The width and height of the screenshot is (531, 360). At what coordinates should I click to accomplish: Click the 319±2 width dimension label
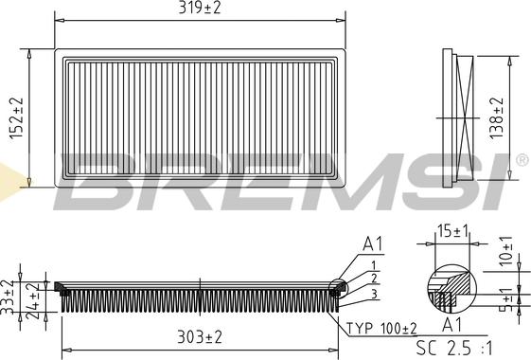point(200,9)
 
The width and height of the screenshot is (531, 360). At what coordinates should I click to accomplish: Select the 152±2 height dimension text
point(16,118)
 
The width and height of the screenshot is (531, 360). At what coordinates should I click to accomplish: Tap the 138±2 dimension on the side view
point(497,118)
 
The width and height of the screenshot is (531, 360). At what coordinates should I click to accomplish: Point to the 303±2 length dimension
point(200,337)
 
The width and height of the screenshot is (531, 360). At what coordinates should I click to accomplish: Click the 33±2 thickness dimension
point(7,297)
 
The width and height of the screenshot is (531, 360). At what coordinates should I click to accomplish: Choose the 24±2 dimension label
point(33,300)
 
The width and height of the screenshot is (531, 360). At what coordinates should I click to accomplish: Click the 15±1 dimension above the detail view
point(452,231)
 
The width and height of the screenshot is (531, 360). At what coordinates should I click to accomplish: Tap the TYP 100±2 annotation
point(381,328)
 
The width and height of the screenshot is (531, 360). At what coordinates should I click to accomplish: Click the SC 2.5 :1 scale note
point(453,348)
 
